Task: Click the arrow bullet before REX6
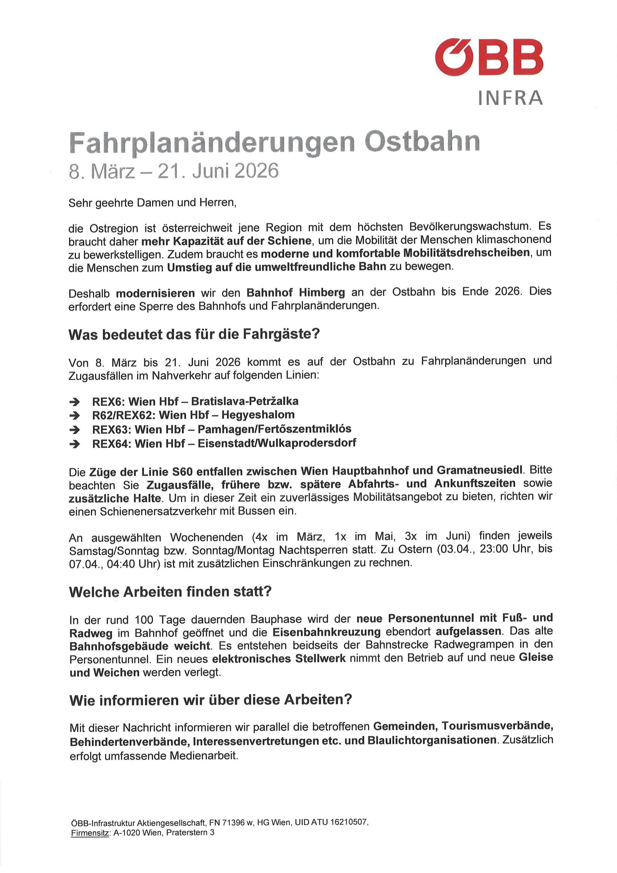coord(75,402)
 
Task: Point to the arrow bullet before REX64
coord(75,444)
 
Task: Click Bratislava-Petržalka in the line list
coord(245,401)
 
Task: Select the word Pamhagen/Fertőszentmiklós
coord(274,429)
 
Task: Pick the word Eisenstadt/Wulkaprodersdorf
coord(277,443)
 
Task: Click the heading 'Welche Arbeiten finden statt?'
coord(170,592)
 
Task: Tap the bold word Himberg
coord(322,292)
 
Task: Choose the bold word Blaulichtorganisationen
coord(431,740)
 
